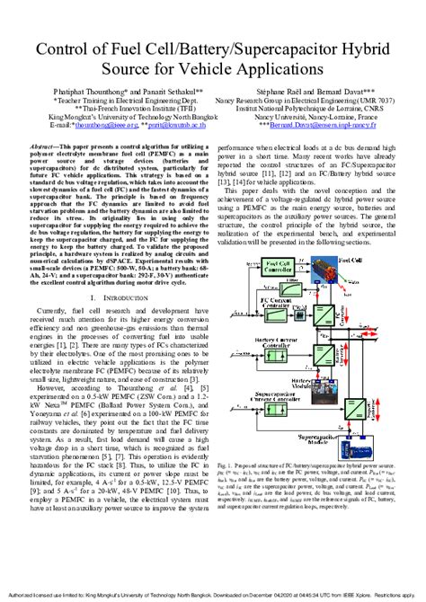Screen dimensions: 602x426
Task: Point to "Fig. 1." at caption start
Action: tap(225, 467)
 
